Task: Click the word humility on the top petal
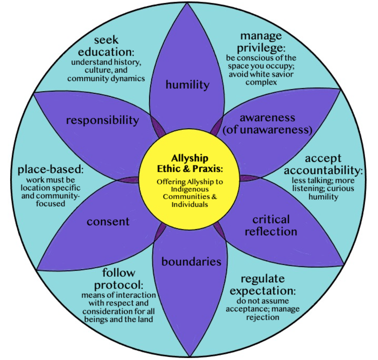point(187,85)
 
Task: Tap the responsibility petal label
point(102,120)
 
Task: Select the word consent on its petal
point(108,222)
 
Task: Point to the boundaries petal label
point(191,262)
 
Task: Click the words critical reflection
point(271,225)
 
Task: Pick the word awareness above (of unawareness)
point(267,118)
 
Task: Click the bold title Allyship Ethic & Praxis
point(190,163)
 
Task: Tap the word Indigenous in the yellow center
point(190,189)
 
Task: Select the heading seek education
point(106,46)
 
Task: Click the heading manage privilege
point(261,42)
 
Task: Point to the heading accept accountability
point(323,164)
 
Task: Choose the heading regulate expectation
point(263,285)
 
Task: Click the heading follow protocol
point(118,279)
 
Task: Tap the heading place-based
point(50,169)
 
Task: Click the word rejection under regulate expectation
point(263,317)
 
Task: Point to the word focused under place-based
point(50,204)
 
